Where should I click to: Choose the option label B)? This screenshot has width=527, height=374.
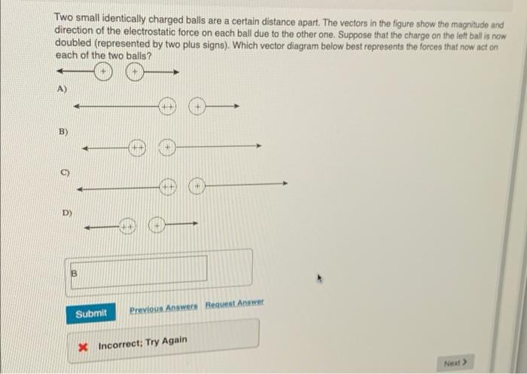62,133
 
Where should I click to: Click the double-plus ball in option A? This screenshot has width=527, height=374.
167,108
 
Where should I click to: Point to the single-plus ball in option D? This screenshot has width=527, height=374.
157,224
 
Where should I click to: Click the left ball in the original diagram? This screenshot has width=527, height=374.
103,73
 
